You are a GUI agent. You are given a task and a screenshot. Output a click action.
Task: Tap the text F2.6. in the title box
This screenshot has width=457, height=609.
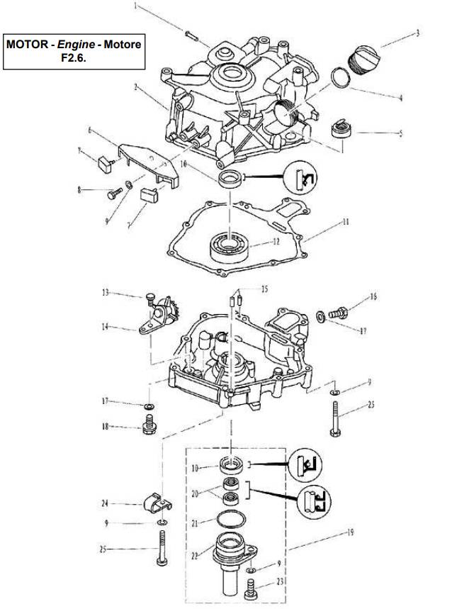point(74,57)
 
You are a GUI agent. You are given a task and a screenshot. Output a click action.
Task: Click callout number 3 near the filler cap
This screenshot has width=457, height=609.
point(417,33)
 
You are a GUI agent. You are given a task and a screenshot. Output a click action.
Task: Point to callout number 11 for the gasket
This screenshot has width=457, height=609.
point(346,222)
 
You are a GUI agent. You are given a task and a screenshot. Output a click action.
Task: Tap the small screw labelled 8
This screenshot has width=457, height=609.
point(113,191)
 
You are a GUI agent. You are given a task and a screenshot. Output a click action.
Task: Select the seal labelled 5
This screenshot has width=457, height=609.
point(342,130)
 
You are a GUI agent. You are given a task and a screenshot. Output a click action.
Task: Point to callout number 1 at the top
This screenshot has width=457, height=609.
point(137,8)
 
